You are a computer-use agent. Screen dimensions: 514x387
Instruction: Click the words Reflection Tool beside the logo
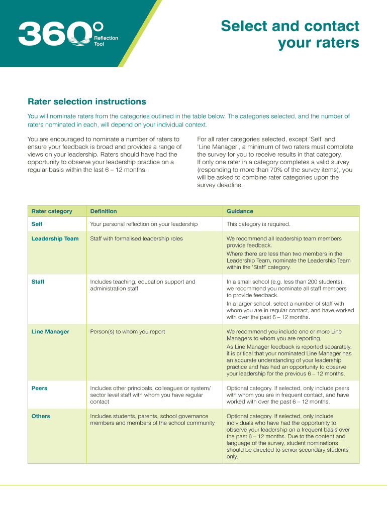[106, 41]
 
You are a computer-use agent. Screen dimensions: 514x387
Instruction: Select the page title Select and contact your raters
[290, 34]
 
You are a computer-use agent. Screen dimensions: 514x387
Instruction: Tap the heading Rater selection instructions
[87, 102]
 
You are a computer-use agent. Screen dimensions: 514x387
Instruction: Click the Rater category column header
[52, 211]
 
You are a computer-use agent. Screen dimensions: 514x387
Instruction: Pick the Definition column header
[104, 211]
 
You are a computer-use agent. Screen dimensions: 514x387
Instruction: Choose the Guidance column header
[240, 211]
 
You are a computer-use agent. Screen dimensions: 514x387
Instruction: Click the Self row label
[37, 224]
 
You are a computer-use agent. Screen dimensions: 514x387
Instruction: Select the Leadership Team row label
[55, 238]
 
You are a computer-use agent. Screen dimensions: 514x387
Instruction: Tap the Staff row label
[38, 282]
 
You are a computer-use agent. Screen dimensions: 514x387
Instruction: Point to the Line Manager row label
[50, 332]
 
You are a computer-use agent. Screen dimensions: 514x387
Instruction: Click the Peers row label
[39, 388]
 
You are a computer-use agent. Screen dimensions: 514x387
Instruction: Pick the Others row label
[41, 416]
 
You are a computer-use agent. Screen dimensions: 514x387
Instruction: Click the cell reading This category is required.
[258, 224]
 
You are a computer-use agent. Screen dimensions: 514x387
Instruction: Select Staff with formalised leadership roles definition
[136, 238]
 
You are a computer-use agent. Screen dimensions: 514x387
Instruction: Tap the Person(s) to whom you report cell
[127, 332]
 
